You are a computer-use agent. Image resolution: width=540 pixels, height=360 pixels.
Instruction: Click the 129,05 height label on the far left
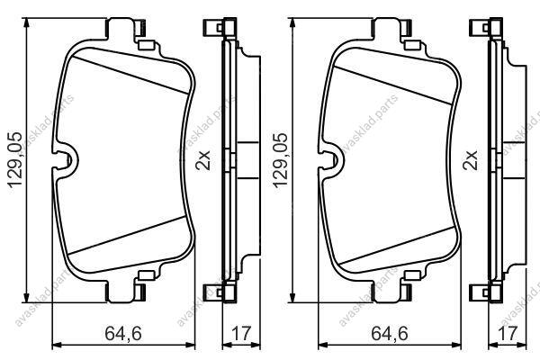tap(14, 159)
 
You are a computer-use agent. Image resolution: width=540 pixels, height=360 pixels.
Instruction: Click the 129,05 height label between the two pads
tap(280, 159)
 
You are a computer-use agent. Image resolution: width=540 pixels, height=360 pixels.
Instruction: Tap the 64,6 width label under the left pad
tap(123, 333)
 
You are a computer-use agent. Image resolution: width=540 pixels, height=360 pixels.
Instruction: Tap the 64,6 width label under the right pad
tap(390, 333)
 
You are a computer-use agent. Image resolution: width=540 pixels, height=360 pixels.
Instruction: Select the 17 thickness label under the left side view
tap(241, 333)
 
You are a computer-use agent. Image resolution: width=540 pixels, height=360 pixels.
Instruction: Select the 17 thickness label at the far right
tap(508, 333)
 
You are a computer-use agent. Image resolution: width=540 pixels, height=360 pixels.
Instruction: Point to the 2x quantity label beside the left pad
tap(203, 160)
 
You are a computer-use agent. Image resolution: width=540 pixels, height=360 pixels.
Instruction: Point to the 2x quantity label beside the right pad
tap(471, 160)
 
